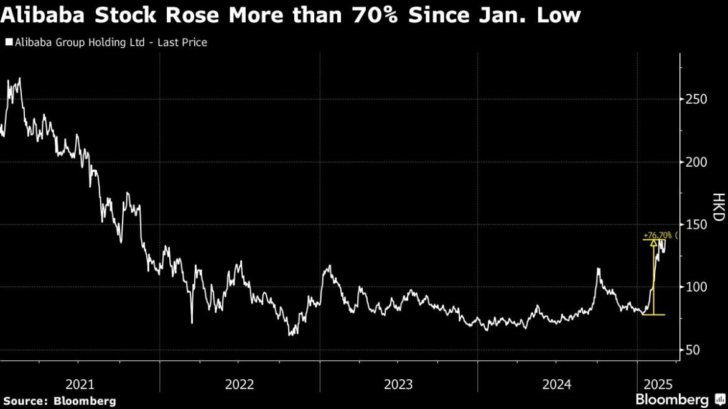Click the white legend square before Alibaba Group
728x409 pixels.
pos(9,42)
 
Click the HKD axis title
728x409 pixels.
pos(717,208)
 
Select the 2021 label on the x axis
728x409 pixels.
pos(80,384)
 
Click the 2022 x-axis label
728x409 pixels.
pos(240,384)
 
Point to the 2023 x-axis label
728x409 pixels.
pos(399,384)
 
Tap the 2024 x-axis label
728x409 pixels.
pos(558,384)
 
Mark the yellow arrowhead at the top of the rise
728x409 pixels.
pos(654,243)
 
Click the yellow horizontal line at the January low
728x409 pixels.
pos(653,315)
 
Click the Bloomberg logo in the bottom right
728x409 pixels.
pos(677,399)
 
